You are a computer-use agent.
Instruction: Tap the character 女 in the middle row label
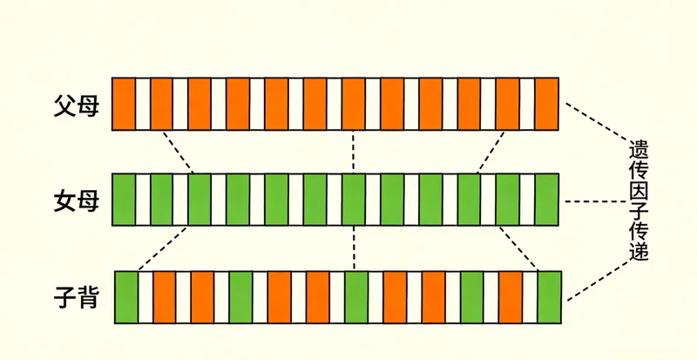point(64,202)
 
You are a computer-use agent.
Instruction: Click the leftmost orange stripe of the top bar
point(125,104)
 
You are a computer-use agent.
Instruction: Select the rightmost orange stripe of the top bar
point(546,104)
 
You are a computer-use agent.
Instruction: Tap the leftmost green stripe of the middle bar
point(125,200)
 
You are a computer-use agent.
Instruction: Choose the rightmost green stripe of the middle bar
point(546,200)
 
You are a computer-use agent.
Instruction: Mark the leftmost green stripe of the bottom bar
point(127,297)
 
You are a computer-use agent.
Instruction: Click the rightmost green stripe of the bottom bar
point(549,297)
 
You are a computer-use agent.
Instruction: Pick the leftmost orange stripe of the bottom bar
point(165,297)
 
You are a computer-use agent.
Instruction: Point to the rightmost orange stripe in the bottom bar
point(511,297)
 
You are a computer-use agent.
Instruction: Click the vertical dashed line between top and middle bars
point(352,152)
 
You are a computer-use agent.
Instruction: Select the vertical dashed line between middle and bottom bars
point(352,248)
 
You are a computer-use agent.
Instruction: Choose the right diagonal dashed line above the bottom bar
point(518,248)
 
